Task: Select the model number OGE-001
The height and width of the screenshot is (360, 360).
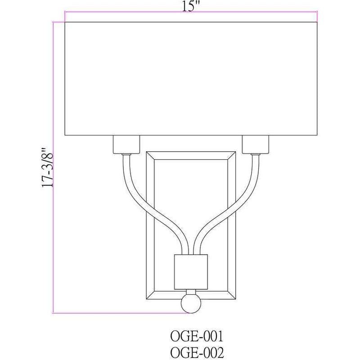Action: (x=197, y=337)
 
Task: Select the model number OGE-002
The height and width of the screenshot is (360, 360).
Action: (x=197, y=353)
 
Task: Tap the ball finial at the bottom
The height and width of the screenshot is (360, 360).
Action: (x=191, y=303)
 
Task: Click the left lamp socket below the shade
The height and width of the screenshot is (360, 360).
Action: (x=126, y=144)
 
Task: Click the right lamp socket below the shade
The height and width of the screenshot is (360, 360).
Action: (x=255, y=144)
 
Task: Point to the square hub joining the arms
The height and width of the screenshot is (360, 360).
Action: (x=191, y=272)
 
